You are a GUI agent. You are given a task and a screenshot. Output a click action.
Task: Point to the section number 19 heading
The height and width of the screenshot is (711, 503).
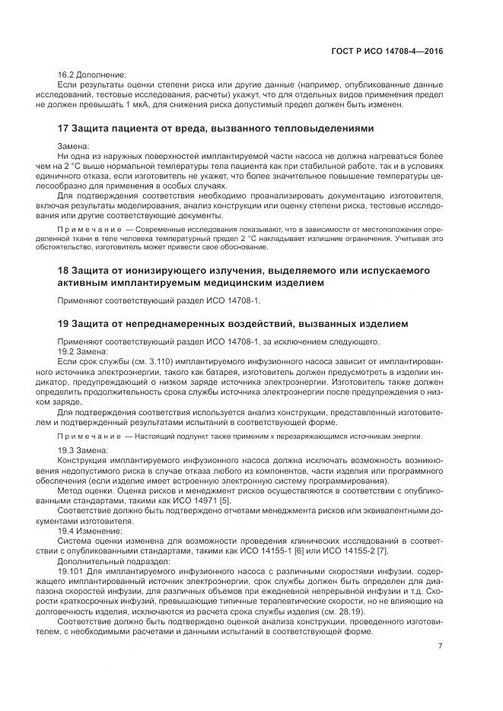pos(64,324)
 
